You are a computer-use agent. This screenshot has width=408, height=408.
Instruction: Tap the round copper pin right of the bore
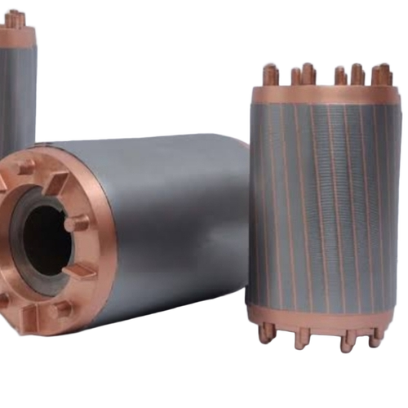77,222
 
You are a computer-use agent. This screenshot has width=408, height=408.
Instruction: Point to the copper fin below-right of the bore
78,270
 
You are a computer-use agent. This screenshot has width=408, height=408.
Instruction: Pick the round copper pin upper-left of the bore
24,167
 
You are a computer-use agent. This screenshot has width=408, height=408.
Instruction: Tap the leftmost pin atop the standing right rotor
270,75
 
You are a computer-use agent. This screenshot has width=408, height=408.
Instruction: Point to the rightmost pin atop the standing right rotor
384,74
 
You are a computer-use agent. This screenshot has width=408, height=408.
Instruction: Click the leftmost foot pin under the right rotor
266,331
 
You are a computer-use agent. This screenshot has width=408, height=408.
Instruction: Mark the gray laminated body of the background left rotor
16,98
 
